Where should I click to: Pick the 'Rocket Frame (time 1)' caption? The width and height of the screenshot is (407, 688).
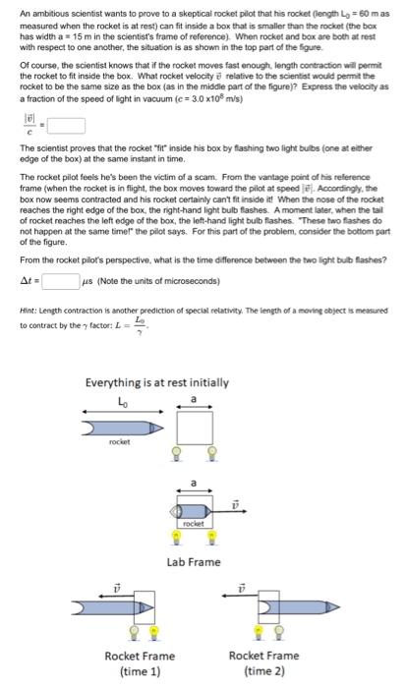[x=133, y=661]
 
